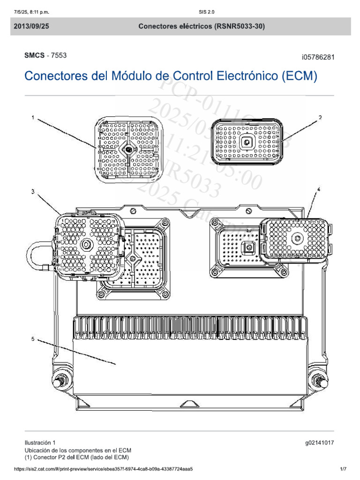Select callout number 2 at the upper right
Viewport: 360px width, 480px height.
[321, 118]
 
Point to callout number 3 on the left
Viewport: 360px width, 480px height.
[33, 191]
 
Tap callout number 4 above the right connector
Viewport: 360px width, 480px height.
[318, 189]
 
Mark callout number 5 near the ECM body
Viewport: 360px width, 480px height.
[33, 338]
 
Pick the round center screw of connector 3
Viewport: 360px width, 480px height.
[87, 245]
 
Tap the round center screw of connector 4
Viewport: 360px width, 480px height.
[297, 239]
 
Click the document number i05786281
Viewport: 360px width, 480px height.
[318, 57]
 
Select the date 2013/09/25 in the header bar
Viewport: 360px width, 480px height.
[31, 27]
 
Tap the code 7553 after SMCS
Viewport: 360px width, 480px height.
[59, 55]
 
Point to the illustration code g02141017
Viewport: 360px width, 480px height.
[319, 442]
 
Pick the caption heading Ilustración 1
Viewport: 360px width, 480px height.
[40, 442]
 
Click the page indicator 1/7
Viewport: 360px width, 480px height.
[343, 469]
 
